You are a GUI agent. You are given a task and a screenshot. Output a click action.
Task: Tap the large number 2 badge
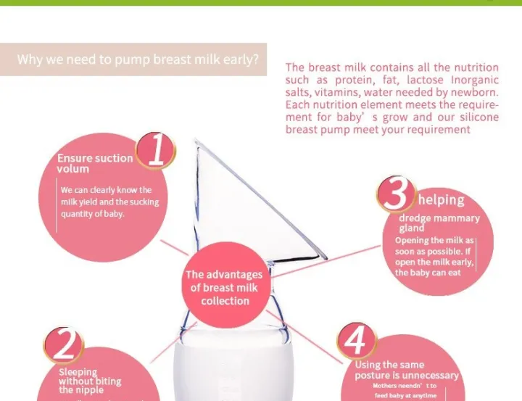click(x=65, y=345)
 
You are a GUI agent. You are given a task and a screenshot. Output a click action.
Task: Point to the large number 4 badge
click(x=357, y=341)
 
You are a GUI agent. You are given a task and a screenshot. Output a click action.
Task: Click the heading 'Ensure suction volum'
click(x=94, y=163)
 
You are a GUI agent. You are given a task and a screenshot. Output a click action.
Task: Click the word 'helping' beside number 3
click(x=441, y=199)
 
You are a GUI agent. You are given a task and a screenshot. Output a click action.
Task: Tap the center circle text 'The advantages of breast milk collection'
click(x=224, y=287)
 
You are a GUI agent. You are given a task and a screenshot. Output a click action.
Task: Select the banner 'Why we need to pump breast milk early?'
click(x=137, y=59)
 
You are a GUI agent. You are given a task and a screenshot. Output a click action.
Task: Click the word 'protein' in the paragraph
click(x=348, y=80)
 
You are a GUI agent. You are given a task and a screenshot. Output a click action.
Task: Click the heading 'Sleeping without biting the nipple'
click(x=90, y=381)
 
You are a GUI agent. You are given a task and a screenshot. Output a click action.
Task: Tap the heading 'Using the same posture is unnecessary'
click(x=406, y=370)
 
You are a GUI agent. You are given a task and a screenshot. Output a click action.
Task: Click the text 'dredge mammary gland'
click(x=439, y=222)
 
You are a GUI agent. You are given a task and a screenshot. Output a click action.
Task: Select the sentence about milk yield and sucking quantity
click(x=109, y=202)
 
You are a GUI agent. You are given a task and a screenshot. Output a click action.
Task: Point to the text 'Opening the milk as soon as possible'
click(x=434, y=246)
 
